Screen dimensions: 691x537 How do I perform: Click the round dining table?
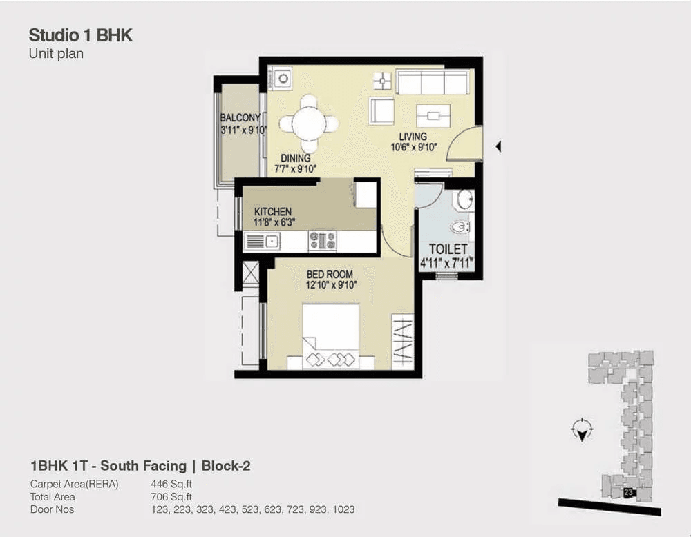click(x=309, y=124)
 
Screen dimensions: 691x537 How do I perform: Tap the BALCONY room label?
click(x=240, y=117)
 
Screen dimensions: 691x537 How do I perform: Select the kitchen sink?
click(x=262, y=242)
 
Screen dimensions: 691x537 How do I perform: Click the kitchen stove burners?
click(x=322, y=241)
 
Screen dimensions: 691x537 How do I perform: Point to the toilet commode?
click(x=460, y=227)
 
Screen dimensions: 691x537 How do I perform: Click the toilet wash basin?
click(x=465, y=199)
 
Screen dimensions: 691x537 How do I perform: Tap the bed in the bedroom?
click(x=330, y=335)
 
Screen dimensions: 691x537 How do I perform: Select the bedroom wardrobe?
click(x=402, y=341)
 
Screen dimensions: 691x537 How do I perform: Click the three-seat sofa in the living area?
click(x=432, y=81)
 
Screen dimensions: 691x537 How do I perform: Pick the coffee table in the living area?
click(x=434, y=115)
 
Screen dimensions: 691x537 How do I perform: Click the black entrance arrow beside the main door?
click(x=498, y=146)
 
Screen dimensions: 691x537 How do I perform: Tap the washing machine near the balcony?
click(x=281, y=79)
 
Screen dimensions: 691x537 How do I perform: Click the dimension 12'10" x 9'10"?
click(x=332, y=285)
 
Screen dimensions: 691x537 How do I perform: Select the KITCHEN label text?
click(x=273, y=211)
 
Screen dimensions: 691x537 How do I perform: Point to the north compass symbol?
click(x=582, y=429)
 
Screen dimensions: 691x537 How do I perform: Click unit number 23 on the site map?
click(x=628, y=493)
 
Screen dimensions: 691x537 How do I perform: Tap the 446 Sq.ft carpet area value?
click(x=171, y=484)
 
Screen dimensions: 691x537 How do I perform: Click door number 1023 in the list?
click(x=343, y=509)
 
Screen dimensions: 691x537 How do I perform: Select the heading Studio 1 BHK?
click(x=81, y=35)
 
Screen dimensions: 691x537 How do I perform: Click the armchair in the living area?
click(x=381, y=111)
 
